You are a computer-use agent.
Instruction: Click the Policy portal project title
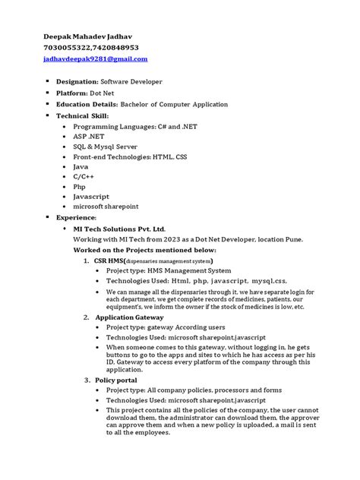point(118,379)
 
